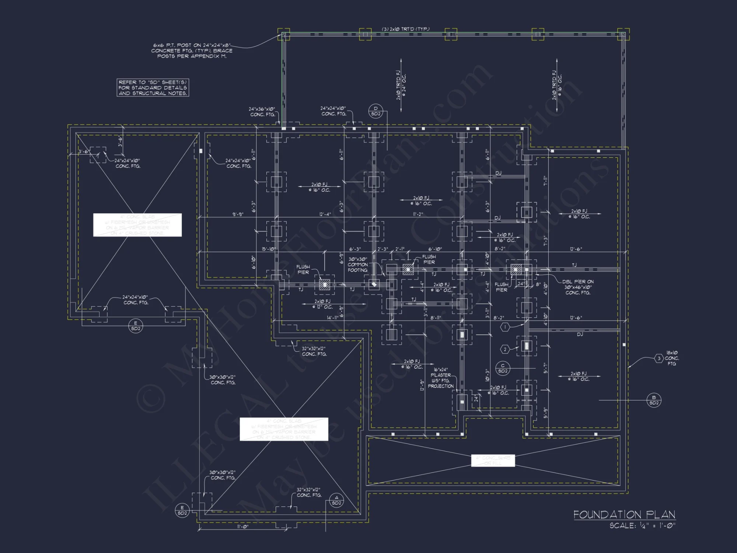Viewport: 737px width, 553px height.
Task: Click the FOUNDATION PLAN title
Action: tap(624, 515)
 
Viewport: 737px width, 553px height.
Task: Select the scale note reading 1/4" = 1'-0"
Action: tap(642, 526)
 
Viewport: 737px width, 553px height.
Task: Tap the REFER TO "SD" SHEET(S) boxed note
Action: tap(153, 88)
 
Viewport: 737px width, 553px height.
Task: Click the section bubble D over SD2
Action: tap(376, 111)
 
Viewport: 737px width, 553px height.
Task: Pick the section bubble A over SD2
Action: tap(336, 500)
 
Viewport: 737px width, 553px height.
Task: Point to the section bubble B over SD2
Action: tap(654, 400)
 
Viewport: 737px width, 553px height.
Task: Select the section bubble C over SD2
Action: tap(503, 368)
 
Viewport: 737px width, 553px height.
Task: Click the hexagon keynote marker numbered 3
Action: tap(659, 358)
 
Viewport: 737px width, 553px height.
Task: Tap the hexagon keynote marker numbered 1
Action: tap(505, 327)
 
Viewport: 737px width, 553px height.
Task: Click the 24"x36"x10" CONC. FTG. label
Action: tap(262, 112)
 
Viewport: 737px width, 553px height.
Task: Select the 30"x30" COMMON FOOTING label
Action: tap(357, 265)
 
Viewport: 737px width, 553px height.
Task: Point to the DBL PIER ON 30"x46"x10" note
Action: tap(577, 287)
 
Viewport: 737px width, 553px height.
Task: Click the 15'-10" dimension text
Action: tap(269, 249)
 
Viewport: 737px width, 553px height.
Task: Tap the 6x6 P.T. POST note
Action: tap(192, 51)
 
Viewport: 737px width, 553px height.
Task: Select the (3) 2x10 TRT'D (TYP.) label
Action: tap(405, 29)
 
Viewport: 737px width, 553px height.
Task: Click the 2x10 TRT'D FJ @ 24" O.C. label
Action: tap(401, 86)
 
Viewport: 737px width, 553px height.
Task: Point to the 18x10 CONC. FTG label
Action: tap(672, 358)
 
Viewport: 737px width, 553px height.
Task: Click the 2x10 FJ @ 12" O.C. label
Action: tap(323, 304)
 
